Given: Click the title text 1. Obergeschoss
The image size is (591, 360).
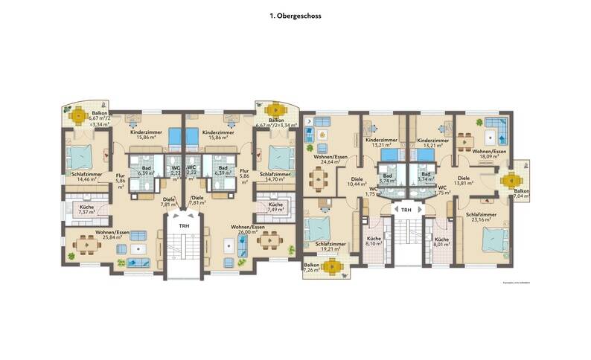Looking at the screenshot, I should [x=295, y=14].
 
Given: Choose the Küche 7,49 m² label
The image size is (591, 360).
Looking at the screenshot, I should [x=275, y=208].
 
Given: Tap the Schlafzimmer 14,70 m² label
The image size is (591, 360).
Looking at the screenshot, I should [x=275, y=177].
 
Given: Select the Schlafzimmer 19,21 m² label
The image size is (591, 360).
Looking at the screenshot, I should [x=330, y=245].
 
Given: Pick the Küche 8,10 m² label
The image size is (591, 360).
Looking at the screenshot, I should [x=373, y=242].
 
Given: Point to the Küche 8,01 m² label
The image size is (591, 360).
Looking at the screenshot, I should [x=441, y=242].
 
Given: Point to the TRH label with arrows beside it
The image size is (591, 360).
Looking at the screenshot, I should [x=406, y=210].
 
